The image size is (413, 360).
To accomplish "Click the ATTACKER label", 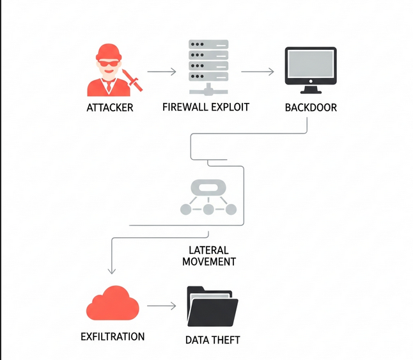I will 110,107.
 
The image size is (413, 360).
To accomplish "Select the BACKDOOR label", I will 311,107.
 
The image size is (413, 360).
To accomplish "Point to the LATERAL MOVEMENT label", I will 208,256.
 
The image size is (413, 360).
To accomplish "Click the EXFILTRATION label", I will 113,336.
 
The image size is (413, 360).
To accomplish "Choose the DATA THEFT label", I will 213,340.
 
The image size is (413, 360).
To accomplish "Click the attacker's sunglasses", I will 109,63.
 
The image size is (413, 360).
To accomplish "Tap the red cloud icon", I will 113,304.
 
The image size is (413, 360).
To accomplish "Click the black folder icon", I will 212,308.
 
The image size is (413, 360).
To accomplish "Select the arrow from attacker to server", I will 161,72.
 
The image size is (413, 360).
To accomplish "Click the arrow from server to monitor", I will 258,72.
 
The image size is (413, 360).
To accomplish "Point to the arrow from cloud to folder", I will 161,306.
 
